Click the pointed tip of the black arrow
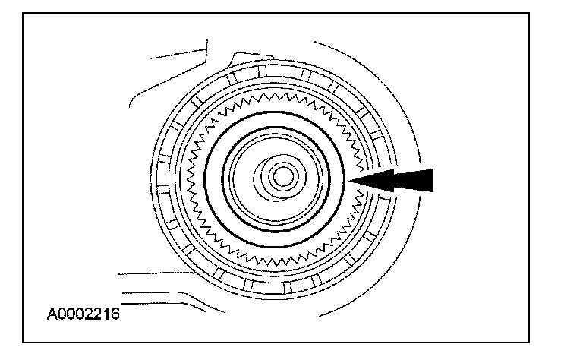(351, 180)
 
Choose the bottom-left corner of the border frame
(24, 343)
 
